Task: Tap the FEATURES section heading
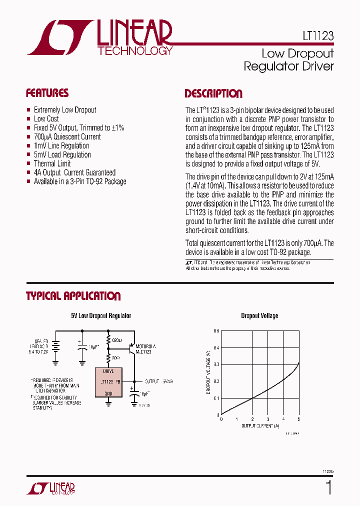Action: [47, 93]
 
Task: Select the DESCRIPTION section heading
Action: [213, 93]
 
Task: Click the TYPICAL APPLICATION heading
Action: [73, 296]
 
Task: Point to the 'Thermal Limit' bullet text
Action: [52, 163]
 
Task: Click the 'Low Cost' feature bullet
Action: [46, 118]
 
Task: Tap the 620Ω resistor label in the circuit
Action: [116, 340]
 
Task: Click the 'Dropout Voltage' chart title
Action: [259, 316]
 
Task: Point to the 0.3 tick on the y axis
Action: [216, 364]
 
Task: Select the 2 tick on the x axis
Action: [252, 419]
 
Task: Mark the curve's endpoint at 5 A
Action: [299, 362]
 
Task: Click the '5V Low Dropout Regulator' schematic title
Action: [101, 316]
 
